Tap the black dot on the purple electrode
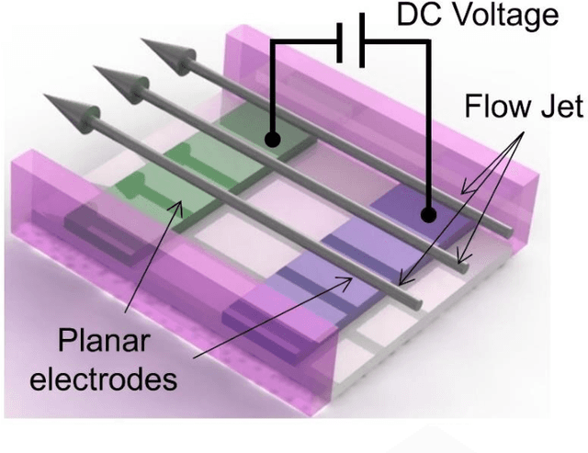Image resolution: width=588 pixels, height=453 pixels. [x=428, y=215]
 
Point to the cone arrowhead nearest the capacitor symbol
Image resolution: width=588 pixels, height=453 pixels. [x=157, y=53]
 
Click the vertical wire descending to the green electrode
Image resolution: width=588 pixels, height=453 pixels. [x=272, y=92]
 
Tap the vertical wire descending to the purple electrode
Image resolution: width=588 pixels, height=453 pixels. [x=428, y=129]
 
